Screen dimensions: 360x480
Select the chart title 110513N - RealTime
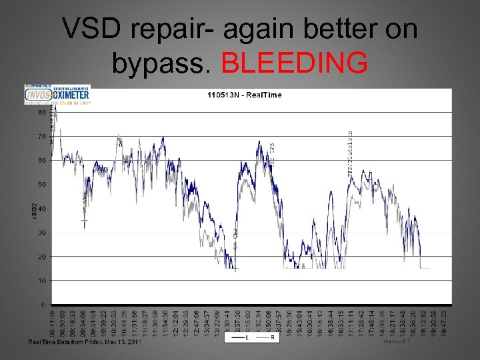pyautogui.click(x=244, y=95)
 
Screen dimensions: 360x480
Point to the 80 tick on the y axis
pyautogui.click(x=42, y=112)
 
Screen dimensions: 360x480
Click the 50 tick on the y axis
pyautogui.click(x=42, y=185)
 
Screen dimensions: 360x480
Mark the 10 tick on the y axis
pyautogui.click(x=42, y=281)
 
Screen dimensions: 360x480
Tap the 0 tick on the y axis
pyautogui.click(x=43, y=305)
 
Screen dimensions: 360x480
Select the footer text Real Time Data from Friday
pyautogui.click(x=83, y=342)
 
